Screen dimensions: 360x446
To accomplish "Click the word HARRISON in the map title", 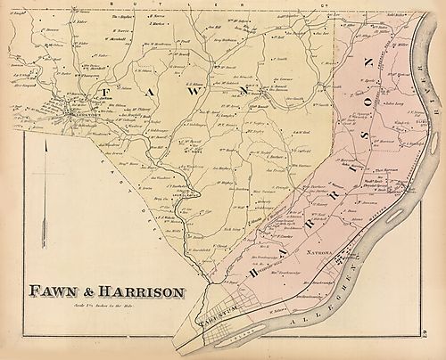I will coord(142,291).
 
